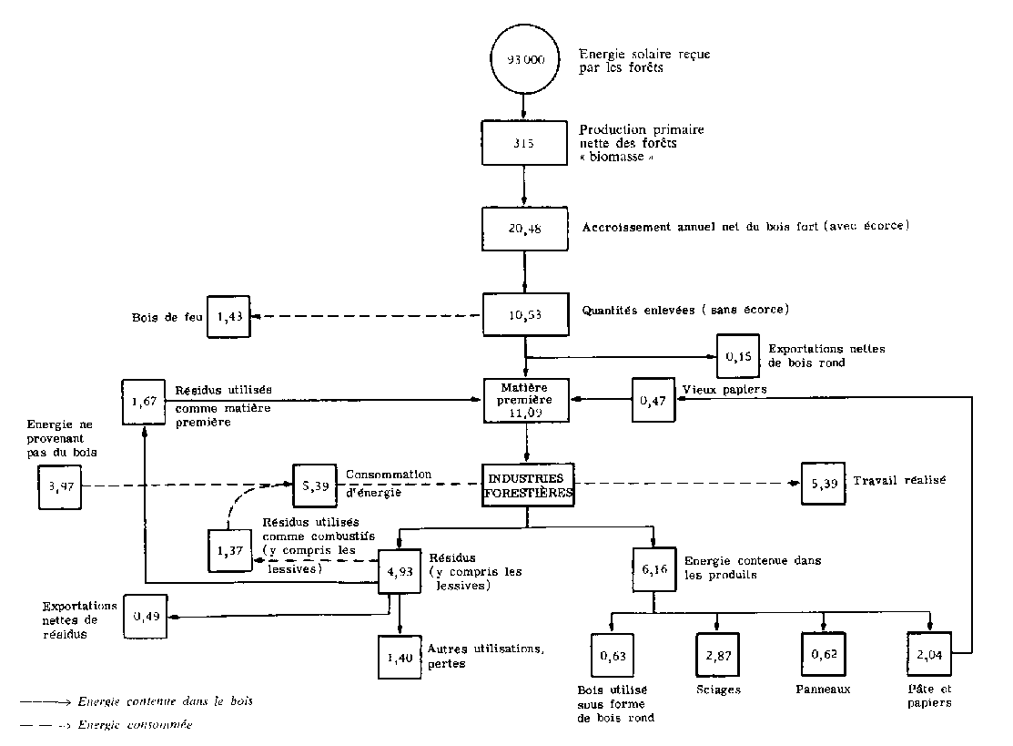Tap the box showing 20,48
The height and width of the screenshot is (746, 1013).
pos(525,229)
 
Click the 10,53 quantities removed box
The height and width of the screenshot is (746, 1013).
pos(525,315)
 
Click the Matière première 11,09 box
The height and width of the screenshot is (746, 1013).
pos(527,398)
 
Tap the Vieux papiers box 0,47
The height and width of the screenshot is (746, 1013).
pos(653,398)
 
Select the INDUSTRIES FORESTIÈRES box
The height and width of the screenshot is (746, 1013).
pos(528,485)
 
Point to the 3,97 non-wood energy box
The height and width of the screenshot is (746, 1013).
pos(59,485)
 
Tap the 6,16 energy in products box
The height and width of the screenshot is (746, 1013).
pos(653,571)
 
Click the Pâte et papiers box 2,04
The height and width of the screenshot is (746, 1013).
pos(928,655)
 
